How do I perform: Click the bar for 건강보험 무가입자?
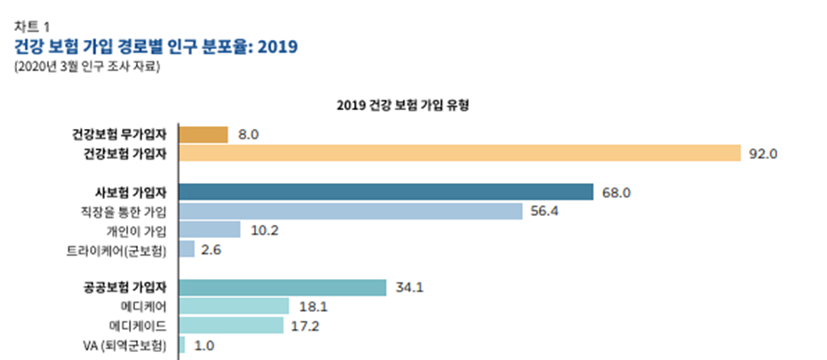coord(203,134)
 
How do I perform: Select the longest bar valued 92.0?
coord(459,153)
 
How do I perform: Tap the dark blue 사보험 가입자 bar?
coord(386,192)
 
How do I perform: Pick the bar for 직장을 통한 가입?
coord(350,211)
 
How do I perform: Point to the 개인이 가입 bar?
coord(210,230)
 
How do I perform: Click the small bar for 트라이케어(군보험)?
coord(187,249)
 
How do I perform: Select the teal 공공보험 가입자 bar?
coord(283,287)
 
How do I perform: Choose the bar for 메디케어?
coord(234,306)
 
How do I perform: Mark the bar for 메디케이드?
coord(232,325)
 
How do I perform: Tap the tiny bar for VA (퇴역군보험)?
coord(182,345)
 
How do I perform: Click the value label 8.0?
coord(248,134)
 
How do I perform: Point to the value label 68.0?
coord(616,192)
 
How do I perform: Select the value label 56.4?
coord(544,211)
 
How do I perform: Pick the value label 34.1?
coord(408,287)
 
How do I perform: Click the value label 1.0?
coord(204,345)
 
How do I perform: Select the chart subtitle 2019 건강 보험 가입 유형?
coord(403,104)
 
